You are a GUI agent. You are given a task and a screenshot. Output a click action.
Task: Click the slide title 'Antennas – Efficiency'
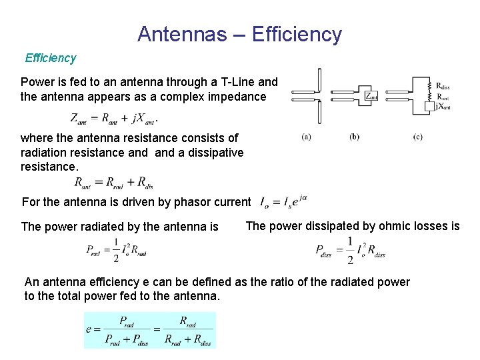pyautogui.click(x=239, y=34)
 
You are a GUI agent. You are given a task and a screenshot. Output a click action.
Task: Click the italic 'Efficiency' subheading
pyautogui.click(x=51, y=58)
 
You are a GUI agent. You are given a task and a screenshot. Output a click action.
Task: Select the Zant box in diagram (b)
pyautogui.click(x=371, y=97)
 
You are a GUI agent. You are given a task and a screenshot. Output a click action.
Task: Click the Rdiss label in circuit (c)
pyautogui.click(x=443, y=85)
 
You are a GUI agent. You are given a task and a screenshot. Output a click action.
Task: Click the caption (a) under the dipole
pyautogui.click(x=306, y=137)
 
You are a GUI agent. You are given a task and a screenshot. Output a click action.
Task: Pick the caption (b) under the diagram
pyautogui.click(x=354, y=137)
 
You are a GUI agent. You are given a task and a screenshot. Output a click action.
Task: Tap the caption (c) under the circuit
pyautogui.click(x=417, y=137)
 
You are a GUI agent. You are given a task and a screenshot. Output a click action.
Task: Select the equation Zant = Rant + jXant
pyautogui.click(x=114, y=119)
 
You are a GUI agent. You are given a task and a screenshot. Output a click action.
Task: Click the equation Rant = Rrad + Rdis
pyautogui.click(x=114, y=181)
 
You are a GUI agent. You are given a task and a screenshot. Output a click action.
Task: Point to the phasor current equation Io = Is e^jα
pyautogui.click(x=283, y=200)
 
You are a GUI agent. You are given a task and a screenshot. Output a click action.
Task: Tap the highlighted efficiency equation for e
pyautogui.click(x=149, y=330)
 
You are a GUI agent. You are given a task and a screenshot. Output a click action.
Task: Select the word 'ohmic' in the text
pyautogui.click(x=381, y=226)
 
